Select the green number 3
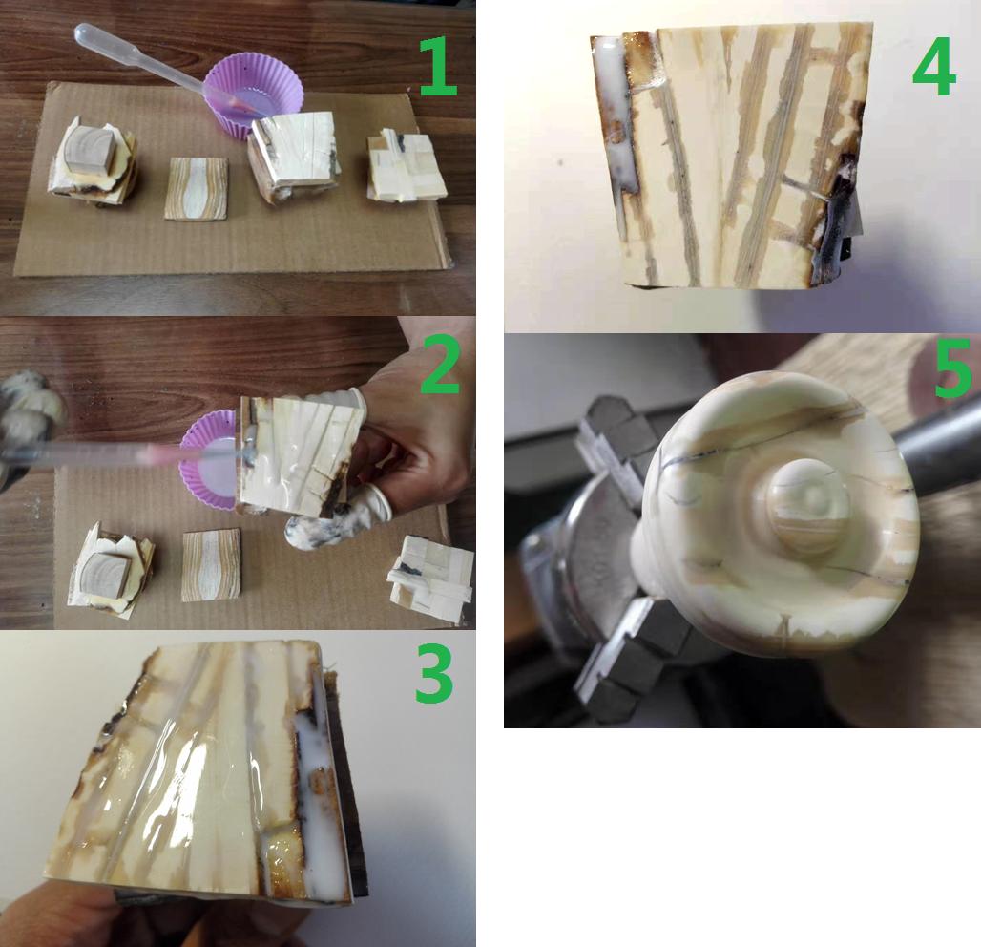434,673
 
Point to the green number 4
934,66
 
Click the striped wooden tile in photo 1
197,188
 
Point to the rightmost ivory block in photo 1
406,165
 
